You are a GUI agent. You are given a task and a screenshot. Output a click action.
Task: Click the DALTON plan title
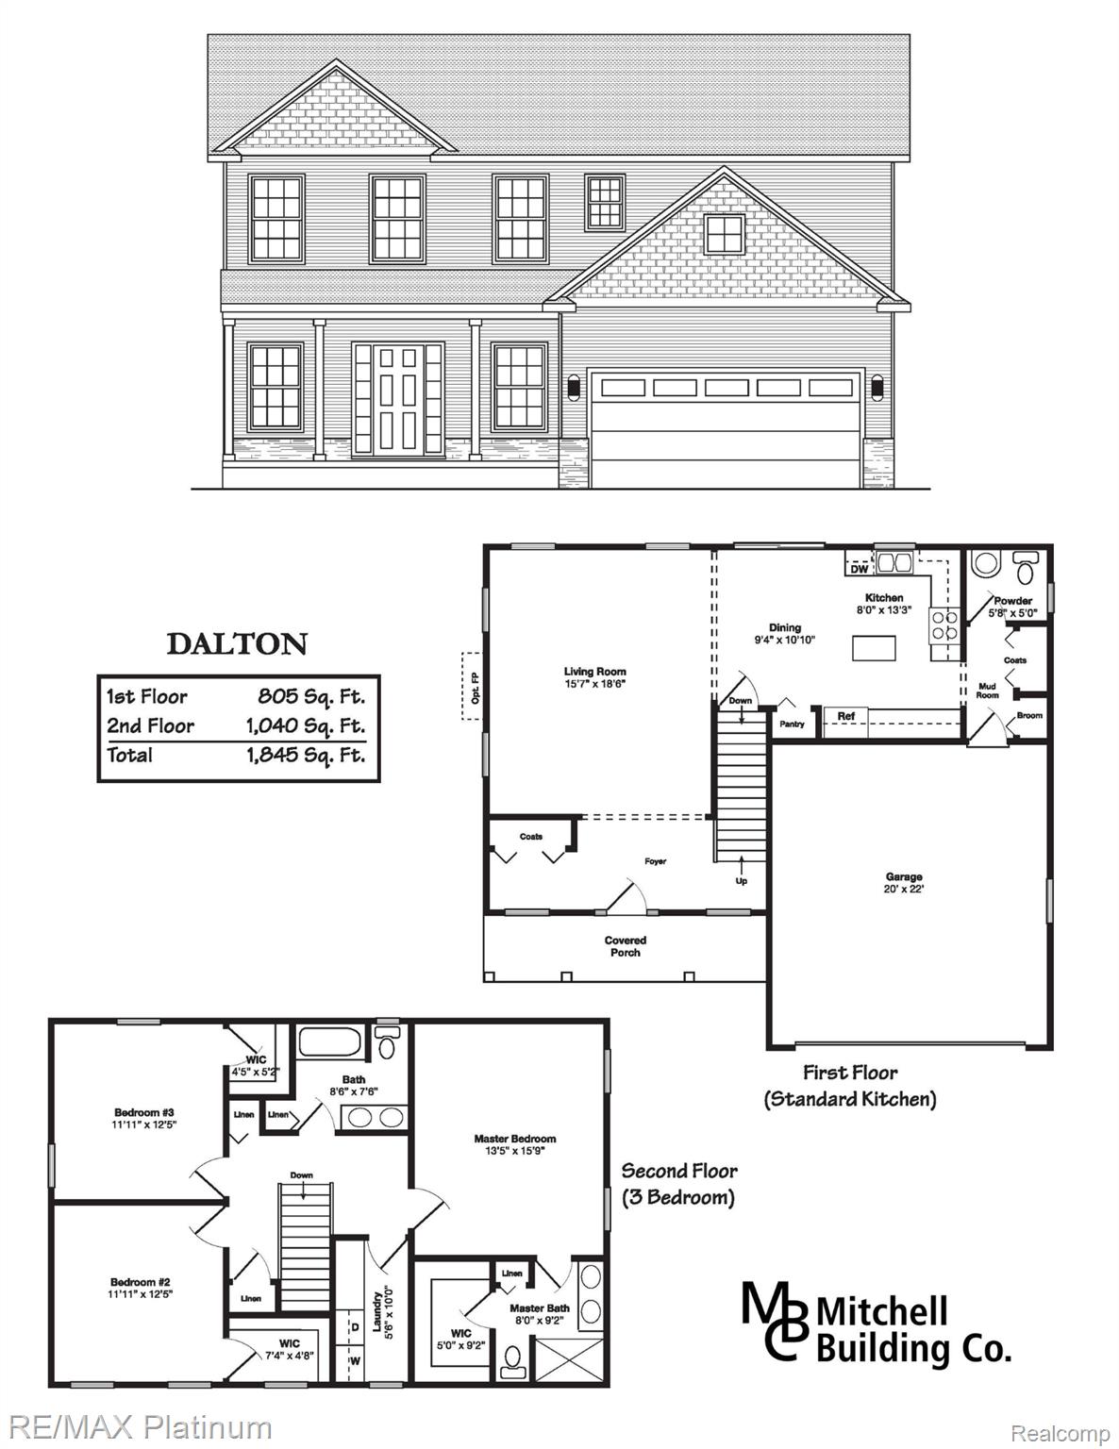(x=237, y=644)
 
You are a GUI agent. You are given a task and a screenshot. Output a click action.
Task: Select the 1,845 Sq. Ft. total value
(x=305, y=755)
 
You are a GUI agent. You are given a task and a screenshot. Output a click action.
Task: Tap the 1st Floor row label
(x=146, y=697)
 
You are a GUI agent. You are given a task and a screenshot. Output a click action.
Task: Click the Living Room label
(x=594, y=673)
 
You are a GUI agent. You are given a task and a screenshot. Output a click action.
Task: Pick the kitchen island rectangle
(x=873, y=648)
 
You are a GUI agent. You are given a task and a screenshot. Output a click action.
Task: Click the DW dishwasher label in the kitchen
(x=859, y=569)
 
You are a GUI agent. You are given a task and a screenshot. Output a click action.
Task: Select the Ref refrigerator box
(x=846, y=717)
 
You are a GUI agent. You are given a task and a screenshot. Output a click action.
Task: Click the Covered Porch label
(x=625, y=946)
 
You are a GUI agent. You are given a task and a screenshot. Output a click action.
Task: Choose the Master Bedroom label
(x=514, y=1139)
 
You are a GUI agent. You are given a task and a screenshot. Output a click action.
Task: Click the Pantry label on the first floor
(x=791, y=724)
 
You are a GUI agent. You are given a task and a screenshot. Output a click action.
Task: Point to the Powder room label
(x=1012, y=601)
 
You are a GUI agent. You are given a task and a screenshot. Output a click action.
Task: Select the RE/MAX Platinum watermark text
(x=137, y=1427)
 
